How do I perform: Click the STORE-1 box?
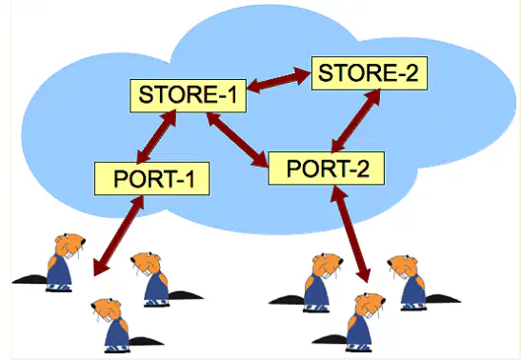pyautogui.click(x=188, y=95)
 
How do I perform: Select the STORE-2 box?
pyautogui.click(x=370, y=73)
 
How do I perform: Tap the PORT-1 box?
pyautogui.click(x=151, y=178)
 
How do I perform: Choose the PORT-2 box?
pyautogui.click(x=327, y=168)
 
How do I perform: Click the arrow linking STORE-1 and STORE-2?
pyautogui.click(x=279, y=80)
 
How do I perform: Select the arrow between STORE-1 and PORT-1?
pyautogui.click(x=156, y=137)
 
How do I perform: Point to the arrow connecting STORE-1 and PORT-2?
pyautogui.click(x=237, y=139)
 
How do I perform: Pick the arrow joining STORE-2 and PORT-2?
pyautogui.click(x=356, y=121)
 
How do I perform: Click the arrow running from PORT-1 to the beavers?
pyautogui.click(x=119, y=235)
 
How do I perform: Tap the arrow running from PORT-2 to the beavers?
pyautogui.click(x=351, y=233)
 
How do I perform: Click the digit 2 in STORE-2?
pyautogui.click(x=411, y=73)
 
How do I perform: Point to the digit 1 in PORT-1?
pyautogui.click(x=190, y=179)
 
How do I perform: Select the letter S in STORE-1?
pyautogui.click(x=146, y=94)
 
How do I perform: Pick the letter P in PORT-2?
pyautogui.click(x=294, y=169)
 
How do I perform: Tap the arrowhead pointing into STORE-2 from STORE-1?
pyautogui.click(x=302, y=75)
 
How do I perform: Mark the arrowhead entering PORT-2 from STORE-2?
pyautogui.click(x=338, y=145)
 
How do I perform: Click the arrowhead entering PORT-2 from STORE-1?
pyautogui.click(x=261, y=160)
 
